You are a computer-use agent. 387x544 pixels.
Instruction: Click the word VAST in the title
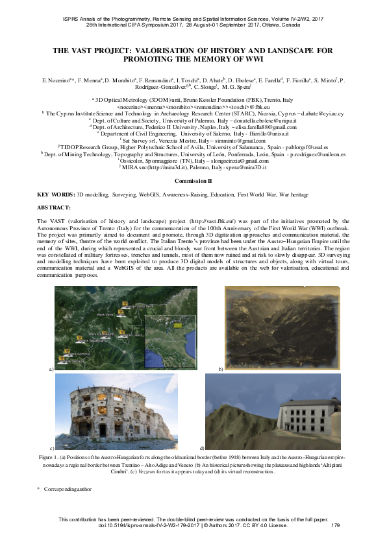(84, 49)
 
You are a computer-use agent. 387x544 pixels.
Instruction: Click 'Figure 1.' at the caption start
(66, 458)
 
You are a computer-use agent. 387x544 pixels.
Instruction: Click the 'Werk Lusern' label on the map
(132, 335)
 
